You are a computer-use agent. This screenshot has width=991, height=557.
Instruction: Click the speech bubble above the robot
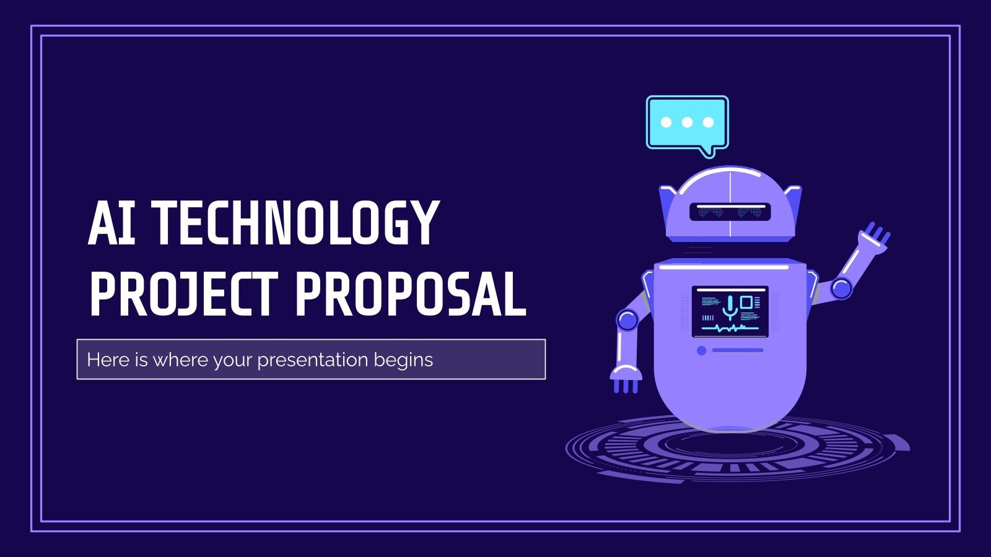coord(687,123)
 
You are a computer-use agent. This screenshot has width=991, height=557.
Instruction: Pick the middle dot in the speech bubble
coord(687,122)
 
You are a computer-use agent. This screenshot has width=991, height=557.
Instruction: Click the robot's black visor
coord(730,212)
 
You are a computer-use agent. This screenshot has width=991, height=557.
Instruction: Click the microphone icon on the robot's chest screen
coord(730,306)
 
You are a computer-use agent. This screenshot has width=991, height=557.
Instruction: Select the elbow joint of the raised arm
coord(841,287)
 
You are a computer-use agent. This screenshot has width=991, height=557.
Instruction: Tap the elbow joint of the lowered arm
coord(627,320)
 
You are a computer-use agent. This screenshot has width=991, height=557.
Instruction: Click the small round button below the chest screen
coord(701,350)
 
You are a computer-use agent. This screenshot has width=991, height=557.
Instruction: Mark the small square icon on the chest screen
coord(746,302)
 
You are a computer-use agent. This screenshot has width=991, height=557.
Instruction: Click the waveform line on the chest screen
coord(730,328)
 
